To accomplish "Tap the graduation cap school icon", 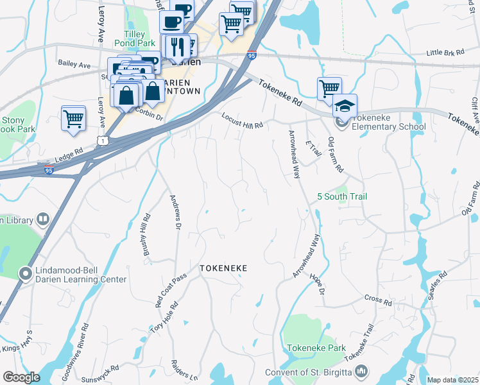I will [345, 105].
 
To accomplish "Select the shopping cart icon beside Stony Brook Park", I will [73, 118].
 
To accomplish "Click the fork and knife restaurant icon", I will [176, 46].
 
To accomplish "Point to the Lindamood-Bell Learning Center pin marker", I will [26, 275].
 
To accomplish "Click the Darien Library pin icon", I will [42, 219].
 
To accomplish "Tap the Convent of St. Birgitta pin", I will [361, 372].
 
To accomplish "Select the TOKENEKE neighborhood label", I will [223, 268].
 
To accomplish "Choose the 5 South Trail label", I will [342, 196].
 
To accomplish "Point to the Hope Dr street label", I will [318, 284].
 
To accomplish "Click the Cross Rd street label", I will [378, 299].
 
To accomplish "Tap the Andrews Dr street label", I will [175, 211].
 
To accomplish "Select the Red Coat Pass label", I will [170, 289].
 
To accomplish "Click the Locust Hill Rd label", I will [243, 121].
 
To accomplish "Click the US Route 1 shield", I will [101, 139].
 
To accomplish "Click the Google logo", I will [21, 377].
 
